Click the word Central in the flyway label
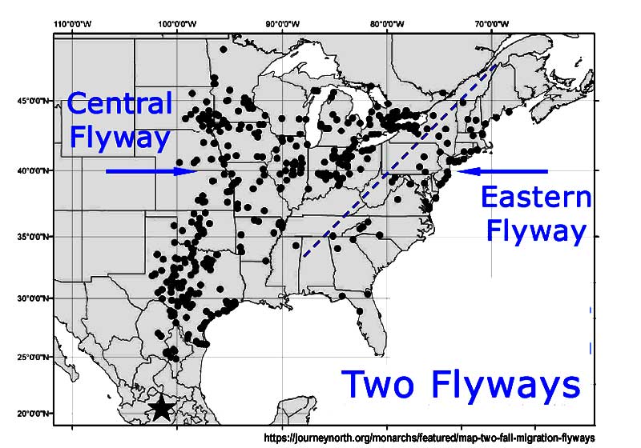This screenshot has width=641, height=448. [x=119, y=103]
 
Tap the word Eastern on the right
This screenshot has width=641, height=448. [x=535, y=198]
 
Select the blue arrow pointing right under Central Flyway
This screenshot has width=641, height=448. [x=151, y=170]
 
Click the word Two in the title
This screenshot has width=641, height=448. [x=381, y=384]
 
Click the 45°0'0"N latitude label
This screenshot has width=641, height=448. [x=34, y=101]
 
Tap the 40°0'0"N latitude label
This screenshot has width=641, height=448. [x=34, y=170]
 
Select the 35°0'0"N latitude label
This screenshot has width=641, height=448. [x=34, y=237]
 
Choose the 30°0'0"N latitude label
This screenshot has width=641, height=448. [x=34, y=298]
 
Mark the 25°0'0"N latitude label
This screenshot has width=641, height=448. [x=34, y=357]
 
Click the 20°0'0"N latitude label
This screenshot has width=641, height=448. [x=34, y=413]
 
